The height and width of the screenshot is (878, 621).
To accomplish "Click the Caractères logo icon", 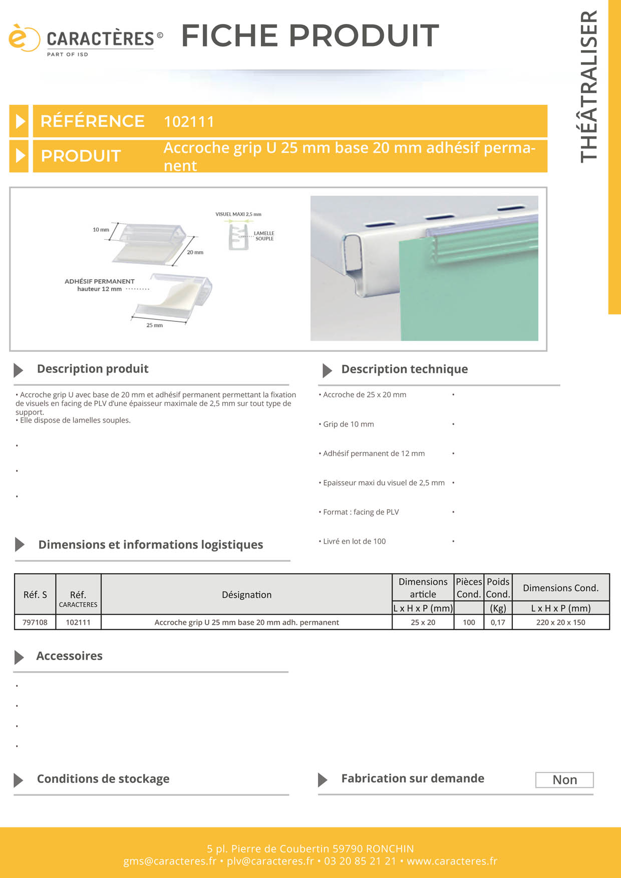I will [24, 38].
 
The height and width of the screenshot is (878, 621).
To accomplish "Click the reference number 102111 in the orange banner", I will [189, 122].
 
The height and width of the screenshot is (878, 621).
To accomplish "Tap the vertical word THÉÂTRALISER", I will [589, 86].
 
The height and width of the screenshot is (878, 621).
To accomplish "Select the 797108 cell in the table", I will [35, 622].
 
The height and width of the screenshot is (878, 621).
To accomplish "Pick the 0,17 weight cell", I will [498, 622].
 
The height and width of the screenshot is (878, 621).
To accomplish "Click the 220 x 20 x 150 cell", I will [560, 622].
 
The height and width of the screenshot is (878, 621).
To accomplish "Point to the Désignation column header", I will [246, 595].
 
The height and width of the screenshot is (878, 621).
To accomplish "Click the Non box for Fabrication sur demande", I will [564, 780].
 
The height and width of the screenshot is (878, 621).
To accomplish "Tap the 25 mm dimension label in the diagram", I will [154, 325].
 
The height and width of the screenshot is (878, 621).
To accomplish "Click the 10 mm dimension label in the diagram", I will [101, 230].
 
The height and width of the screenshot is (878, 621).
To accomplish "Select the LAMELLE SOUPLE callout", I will [264, 236].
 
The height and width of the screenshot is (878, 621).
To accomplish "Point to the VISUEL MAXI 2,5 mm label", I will [238, 214].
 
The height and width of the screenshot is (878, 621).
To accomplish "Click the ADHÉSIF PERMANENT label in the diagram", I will [100, 281].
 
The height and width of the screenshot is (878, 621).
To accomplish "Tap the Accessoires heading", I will [69, 656].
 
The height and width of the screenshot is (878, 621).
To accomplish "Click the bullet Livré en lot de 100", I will [354, 541].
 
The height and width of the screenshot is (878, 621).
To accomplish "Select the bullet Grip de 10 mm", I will [348, 424].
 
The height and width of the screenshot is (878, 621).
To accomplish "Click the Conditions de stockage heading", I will [103, 779].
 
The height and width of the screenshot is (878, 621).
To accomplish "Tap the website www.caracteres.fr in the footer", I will [452, 861].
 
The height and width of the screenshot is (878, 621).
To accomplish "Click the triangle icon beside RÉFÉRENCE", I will [20, 121].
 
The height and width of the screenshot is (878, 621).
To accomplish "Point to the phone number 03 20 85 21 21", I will [360, 861].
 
